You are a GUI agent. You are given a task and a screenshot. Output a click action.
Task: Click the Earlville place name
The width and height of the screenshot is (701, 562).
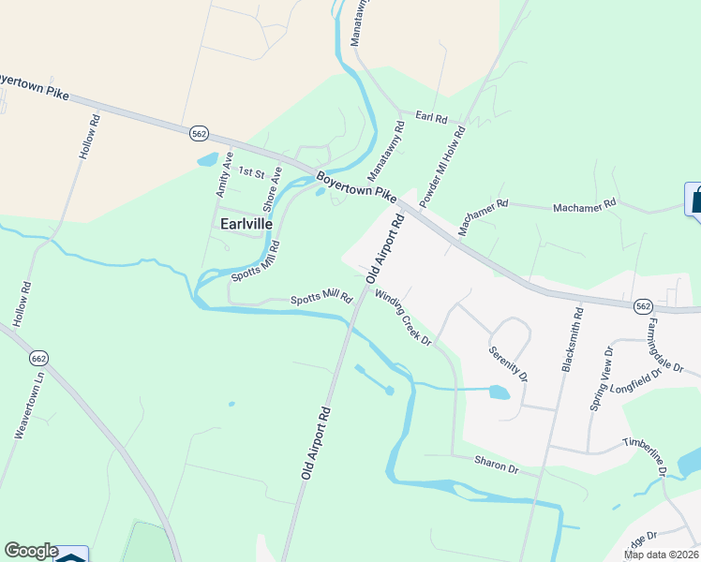pyautogui.click(x=246, y=225)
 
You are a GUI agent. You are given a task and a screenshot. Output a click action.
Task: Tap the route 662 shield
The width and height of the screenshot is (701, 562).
pyautogui.click(x=38, y=358)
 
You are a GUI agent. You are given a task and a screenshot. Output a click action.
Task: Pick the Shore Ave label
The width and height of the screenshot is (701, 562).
pyautogui.click(x=272, y=187)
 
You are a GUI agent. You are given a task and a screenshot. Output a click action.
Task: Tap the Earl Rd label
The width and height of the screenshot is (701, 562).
pyautogui.click(x=431, y=118)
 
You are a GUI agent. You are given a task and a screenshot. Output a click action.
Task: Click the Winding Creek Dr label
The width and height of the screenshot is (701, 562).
pyautogui.click(x=403, y=317)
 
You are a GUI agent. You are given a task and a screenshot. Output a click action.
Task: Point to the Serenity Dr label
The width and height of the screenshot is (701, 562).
pyautogui.click(x=508, y=364)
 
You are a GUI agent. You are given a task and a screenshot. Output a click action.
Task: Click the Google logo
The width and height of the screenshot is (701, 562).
pyautogui.click(x=30, y=551)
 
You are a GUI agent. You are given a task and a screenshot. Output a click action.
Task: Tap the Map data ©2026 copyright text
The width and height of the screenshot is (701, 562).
pyautogui.click(x=661, y=555)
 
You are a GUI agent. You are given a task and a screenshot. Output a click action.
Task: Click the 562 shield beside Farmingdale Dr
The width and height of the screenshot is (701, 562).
pyautogui.click(x=643, y=305)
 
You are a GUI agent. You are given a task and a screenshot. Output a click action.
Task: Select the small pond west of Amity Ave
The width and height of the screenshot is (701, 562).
pyautogui.click(x=207, y=159)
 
